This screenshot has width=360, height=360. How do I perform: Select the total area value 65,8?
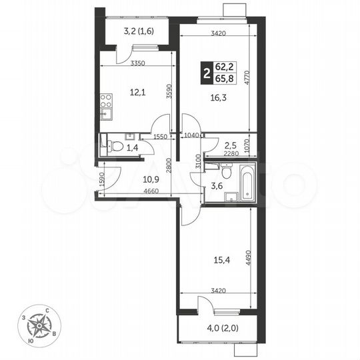pos(225,77)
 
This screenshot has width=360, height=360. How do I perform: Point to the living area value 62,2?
pos(225,65)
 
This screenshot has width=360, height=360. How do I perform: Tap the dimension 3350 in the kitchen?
pos(137,63)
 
